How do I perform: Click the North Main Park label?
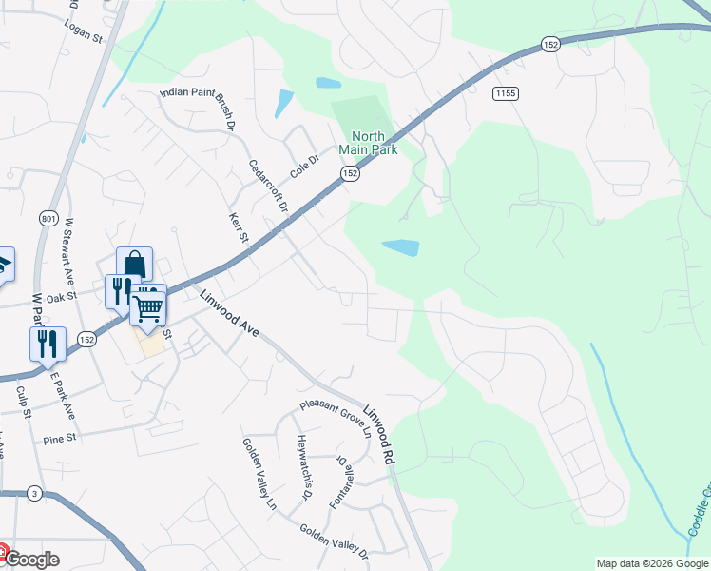tap(368, 143)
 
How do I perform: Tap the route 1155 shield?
tap(505, 92)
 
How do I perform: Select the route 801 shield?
tap(48, 219)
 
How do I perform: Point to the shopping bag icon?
tap(134, 264)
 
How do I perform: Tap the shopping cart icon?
tap(147, 305)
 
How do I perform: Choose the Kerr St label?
tap(238, 228)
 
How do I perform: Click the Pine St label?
tap(59, 441)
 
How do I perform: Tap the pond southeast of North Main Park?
tap(400, 247)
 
